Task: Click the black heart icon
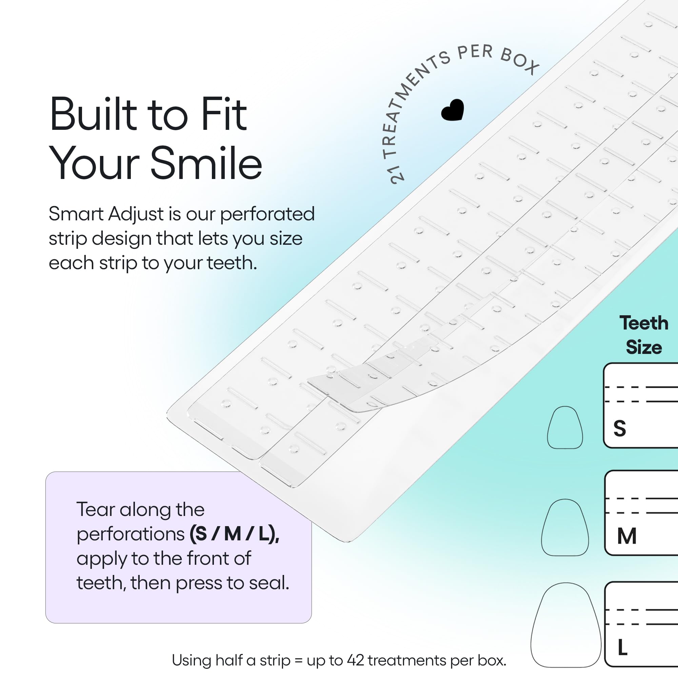(452, 110)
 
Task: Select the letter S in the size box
(619, 428)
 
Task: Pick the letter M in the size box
(627, 536)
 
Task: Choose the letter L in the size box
(622, 647)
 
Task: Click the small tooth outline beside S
(565, 427)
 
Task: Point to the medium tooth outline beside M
(565, 527)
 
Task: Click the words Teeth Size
(644, 335)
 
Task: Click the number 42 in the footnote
(356, 660)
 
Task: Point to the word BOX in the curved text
(520, 61)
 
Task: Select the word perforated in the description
(267, 214)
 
